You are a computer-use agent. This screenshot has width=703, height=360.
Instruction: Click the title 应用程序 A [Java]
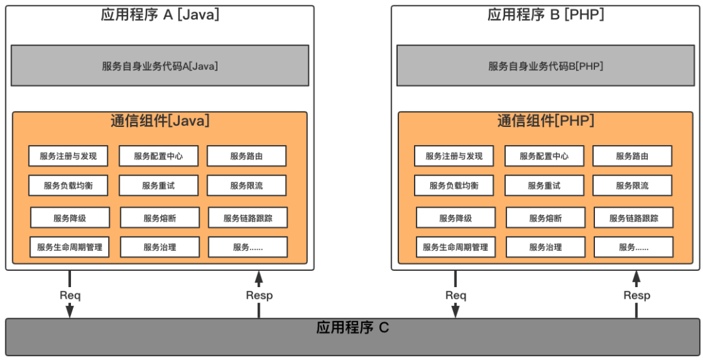pos(159,15)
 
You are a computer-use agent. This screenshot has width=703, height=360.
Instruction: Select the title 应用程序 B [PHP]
pos(545,15)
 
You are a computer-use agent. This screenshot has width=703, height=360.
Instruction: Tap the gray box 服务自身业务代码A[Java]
pos(159,66)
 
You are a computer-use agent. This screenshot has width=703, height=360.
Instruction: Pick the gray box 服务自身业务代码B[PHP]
pos(545,66)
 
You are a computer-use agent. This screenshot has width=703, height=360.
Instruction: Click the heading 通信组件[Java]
pos(159,120)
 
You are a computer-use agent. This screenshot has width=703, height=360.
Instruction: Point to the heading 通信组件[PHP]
pos(545,120)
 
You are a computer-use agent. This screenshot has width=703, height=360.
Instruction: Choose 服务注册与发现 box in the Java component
pos(68,156)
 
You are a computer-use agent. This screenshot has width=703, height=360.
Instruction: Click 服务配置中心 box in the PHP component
pos(544,156)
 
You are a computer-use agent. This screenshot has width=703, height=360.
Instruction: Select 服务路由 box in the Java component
pos(247,156)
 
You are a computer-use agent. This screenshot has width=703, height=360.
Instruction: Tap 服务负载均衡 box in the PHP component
pos(454,186)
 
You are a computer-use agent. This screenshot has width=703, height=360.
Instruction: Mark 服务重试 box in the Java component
pos(158,186)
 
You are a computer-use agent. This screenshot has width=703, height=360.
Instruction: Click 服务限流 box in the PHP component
pos(632,186)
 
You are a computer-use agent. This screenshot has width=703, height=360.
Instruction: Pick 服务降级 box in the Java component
pos(70,218)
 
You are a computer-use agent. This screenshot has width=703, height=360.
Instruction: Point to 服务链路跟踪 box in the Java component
pos(247,218)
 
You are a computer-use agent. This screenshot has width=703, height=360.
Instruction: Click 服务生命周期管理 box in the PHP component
pos(455,247)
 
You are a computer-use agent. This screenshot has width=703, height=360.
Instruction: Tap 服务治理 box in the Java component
pos(159,247)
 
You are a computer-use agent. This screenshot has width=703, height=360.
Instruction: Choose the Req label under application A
pos(70,295)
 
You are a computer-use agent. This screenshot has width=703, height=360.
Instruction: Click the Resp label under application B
pos(637,295)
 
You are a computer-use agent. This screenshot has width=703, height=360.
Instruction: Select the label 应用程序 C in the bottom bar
pos(352,327)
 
